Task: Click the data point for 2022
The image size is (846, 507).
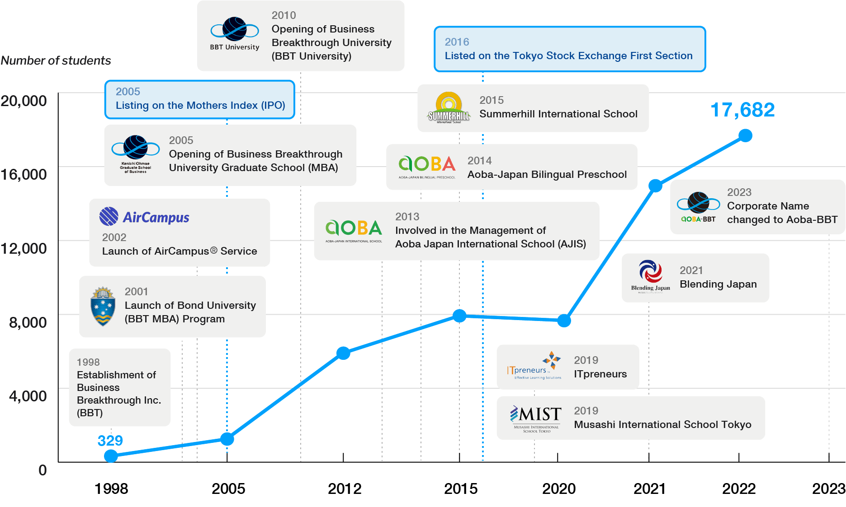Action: pos(745,135)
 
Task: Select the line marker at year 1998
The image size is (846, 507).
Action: pos(111,456)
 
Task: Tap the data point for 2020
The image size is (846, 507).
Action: pos(564,321)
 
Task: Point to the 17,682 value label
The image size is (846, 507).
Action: pos(742,110)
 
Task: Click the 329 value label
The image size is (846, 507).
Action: pos(110,440)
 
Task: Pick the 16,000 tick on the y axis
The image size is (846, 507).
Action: pos(24,174)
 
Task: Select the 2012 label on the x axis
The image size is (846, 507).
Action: pos(344,488)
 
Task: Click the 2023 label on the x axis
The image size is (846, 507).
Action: pos(828,488)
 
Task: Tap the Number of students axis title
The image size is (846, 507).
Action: pos(56,60)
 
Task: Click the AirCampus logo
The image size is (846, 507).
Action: pos(144,217)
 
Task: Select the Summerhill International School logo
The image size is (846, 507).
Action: pos(449,108)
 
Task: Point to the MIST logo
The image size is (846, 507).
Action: pos(536,418)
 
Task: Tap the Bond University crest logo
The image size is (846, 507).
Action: pos(103,306)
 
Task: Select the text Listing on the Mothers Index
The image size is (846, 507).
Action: pos(200,106)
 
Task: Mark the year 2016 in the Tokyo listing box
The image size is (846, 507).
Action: pos(457,42)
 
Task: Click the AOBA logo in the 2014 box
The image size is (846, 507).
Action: pos(426,166)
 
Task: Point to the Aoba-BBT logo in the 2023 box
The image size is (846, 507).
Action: pos(698,207)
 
